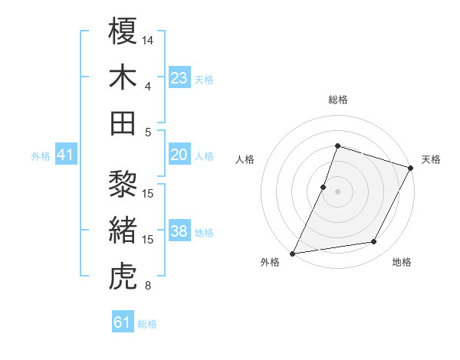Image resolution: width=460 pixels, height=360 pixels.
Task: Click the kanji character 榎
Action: (123, 33)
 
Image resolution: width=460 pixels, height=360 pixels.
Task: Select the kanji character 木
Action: (123, 77)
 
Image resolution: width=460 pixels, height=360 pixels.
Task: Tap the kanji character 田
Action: (123, 123)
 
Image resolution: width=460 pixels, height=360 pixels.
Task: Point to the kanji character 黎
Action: (123, 185)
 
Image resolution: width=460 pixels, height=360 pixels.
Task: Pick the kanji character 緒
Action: (123, 231)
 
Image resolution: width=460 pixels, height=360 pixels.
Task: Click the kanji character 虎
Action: (123, 277)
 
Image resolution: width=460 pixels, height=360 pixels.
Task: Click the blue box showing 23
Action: (179, 77)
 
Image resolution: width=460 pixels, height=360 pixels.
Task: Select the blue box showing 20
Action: (179, 155)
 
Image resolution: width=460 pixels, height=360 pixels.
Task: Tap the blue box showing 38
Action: (179, 231)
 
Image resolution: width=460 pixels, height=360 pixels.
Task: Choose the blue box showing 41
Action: (66, 155)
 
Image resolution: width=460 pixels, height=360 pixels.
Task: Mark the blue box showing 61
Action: (123, 322)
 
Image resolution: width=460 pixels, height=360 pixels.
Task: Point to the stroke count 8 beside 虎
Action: (147, 286)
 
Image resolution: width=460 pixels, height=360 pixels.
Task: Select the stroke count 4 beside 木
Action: (147, 86)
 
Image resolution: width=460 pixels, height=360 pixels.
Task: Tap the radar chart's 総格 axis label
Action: (337, 100)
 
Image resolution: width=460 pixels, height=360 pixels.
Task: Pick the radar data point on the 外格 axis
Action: (292, 253)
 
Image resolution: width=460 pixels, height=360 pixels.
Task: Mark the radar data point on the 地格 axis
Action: (374, 242)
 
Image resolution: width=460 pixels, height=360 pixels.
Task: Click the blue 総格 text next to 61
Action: (147, 324)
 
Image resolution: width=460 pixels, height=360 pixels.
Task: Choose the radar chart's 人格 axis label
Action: (245, 159)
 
